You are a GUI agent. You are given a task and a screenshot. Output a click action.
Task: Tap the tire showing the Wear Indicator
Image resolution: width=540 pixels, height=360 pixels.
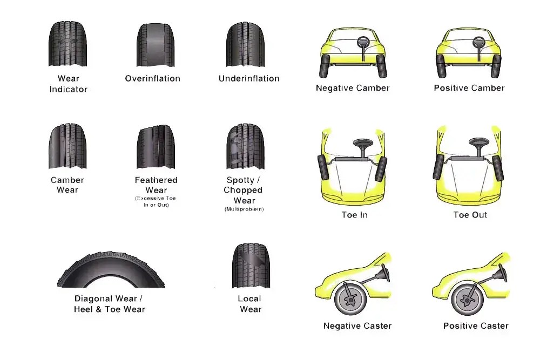point(68,44)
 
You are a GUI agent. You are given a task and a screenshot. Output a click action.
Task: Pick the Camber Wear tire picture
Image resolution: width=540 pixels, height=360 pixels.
point(67,147)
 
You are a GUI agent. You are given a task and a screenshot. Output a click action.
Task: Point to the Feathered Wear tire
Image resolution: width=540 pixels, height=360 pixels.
point(156,147)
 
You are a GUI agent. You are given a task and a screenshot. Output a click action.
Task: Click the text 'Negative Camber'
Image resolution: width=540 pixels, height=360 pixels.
point(353,88)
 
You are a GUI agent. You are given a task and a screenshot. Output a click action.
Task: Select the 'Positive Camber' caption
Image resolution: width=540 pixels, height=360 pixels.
point(469,88)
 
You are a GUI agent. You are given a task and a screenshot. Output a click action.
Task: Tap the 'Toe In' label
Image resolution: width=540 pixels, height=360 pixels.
point(354,215)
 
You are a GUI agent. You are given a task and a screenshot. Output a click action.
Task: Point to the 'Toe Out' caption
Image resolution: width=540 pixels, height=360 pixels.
point(470,215)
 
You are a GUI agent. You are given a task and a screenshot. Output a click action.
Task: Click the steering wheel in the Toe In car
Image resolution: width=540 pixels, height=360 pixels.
point(361,144)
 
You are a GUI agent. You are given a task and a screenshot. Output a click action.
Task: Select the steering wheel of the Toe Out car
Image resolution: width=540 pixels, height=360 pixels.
point(477,144)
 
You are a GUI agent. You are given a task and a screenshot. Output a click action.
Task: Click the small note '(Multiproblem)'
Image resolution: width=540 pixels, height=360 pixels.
point(244,209)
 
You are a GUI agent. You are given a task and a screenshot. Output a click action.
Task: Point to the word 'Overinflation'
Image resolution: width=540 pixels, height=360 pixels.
point(153,79)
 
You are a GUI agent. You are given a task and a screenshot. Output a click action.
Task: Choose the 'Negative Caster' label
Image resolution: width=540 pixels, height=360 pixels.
point(357,326)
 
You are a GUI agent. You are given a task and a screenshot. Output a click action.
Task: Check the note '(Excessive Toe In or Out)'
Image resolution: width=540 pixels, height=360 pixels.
point(156,202)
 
